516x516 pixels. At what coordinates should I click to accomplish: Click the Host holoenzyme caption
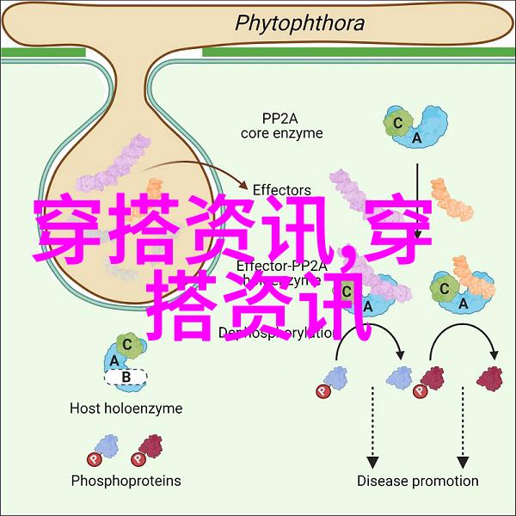[x=126, y=408]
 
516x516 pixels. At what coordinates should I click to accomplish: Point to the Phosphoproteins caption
[x=126, y=481]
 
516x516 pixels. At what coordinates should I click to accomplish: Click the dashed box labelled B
[x=126, y=376]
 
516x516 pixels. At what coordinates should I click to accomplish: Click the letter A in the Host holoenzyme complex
[x=114, y=360]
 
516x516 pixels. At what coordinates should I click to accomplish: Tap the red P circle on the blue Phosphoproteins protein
[x=91, y=458]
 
